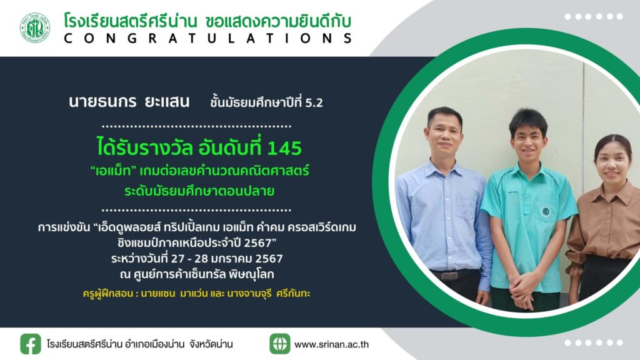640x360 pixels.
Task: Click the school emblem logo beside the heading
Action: (35, 27)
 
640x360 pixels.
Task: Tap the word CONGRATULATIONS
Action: (208, 38)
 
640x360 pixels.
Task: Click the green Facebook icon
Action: (31, 344)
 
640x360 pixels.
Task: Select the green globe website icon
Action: (279, 344)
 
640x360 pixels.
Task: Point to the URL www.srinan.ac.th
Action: (331, 344)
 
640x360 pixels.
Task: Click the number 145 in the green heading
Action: (284, 147)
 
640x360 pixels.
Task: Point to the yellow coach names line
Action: (196, 294)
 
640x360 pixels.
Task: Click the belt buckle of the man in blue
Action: (449, 276)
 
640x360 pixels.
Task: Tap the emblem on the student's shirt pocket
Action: (545, 211)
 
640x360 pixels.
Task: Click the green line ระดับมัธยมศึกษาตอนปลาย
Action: (199, 191)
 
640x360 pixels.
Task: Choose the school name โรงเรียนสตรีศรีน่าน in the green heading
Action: (131, 21)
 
